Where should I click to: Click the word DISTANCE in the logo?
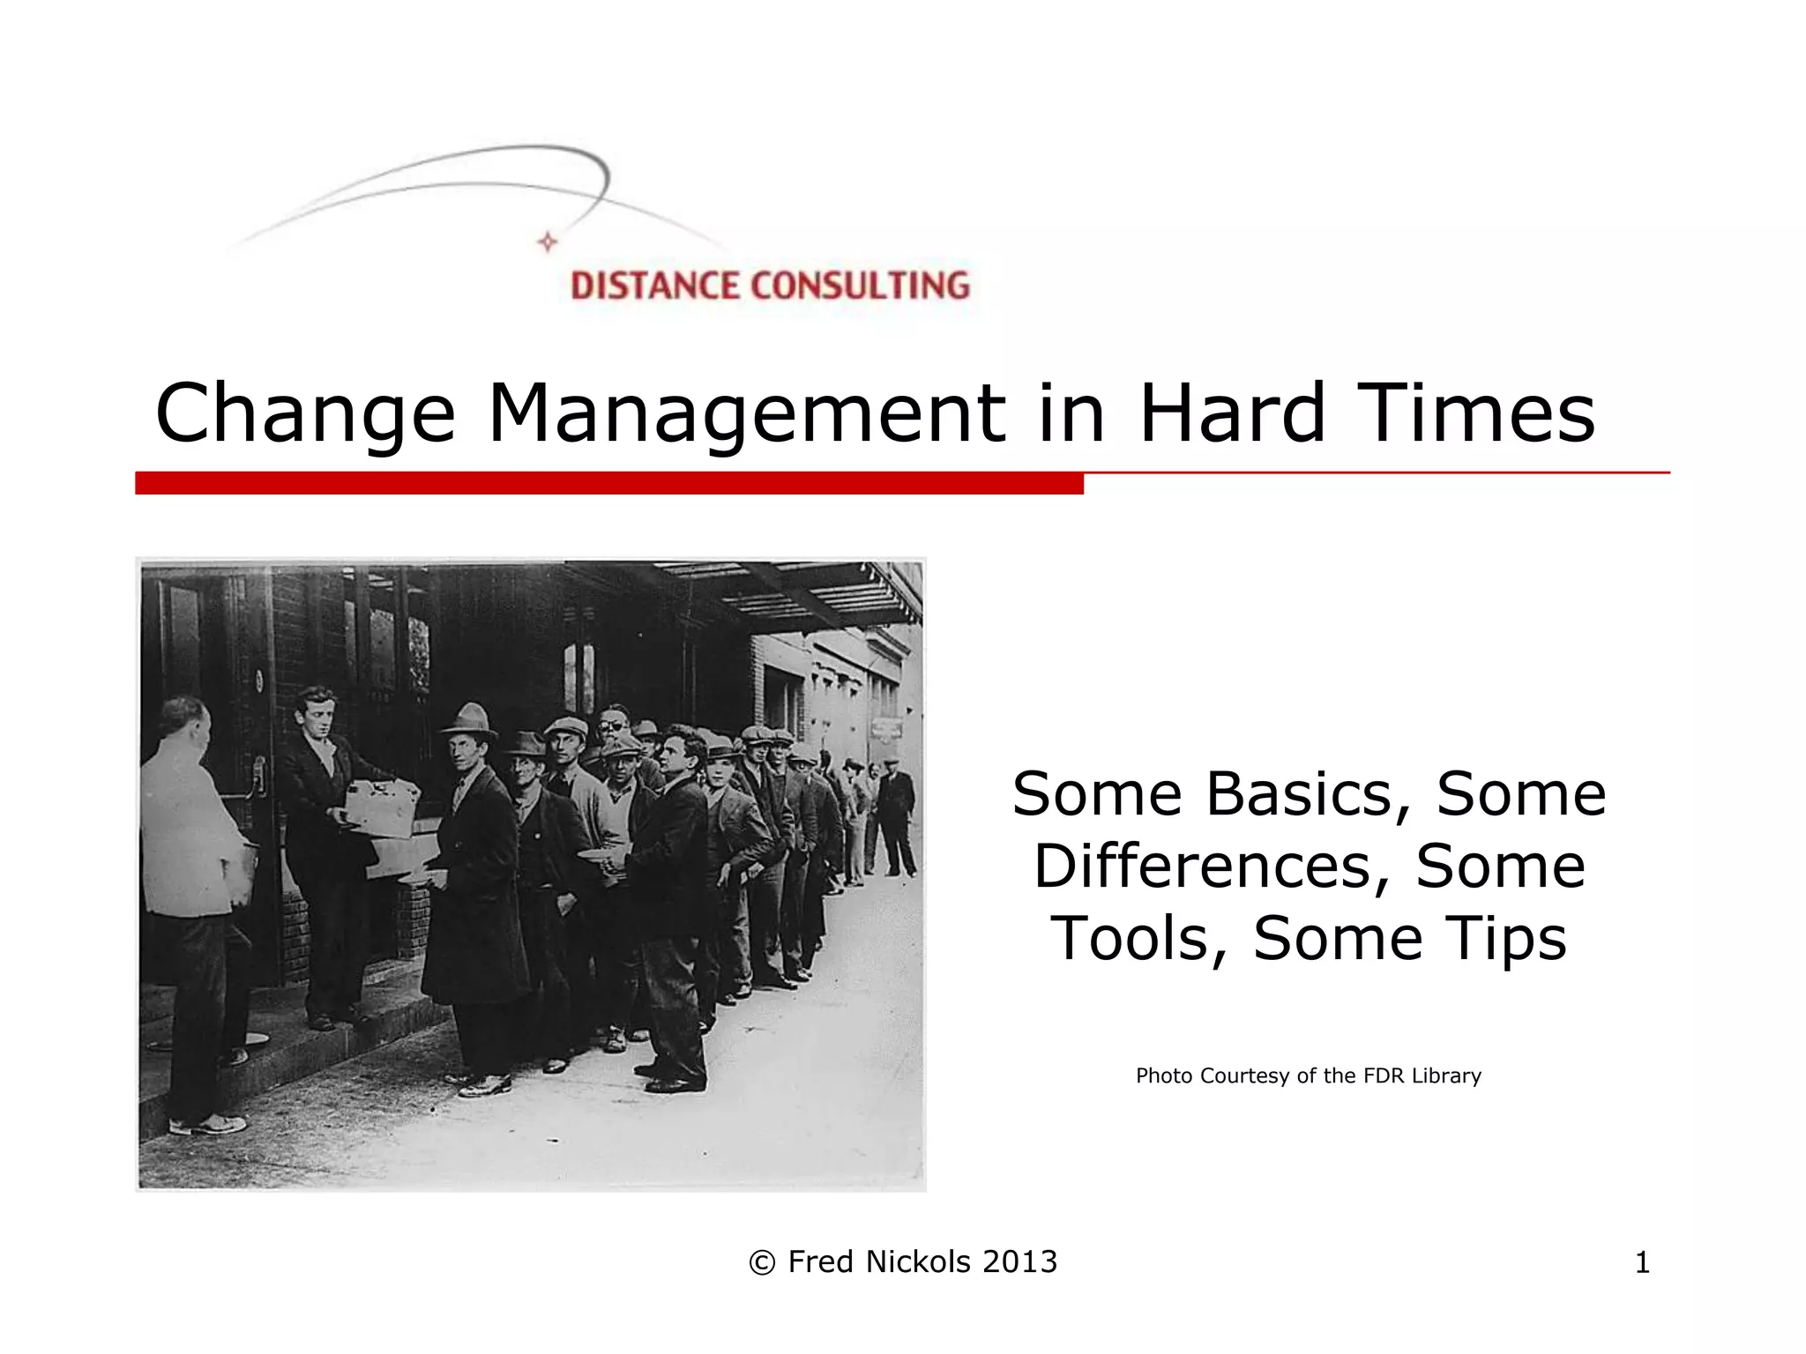pos(656,286)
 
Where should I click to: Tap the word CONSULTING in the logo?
pos(860,286)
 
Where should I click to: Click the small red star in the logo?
pos(548,242)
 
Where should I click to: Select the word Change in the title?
pos(305,413)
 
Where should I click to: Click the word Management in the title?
pos(746,413)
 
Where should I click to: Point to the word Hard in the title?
pos(1232,413)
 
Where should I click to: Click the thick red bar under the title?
pos(608,483)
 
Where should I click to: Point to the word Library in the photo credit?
pos(1446,1075)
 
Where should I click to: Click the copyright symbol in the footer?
pos(762,1263)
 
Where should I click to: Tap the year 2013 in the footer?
pos(1020,1262)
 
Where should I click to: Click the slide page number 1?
pos(1642,1263)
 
